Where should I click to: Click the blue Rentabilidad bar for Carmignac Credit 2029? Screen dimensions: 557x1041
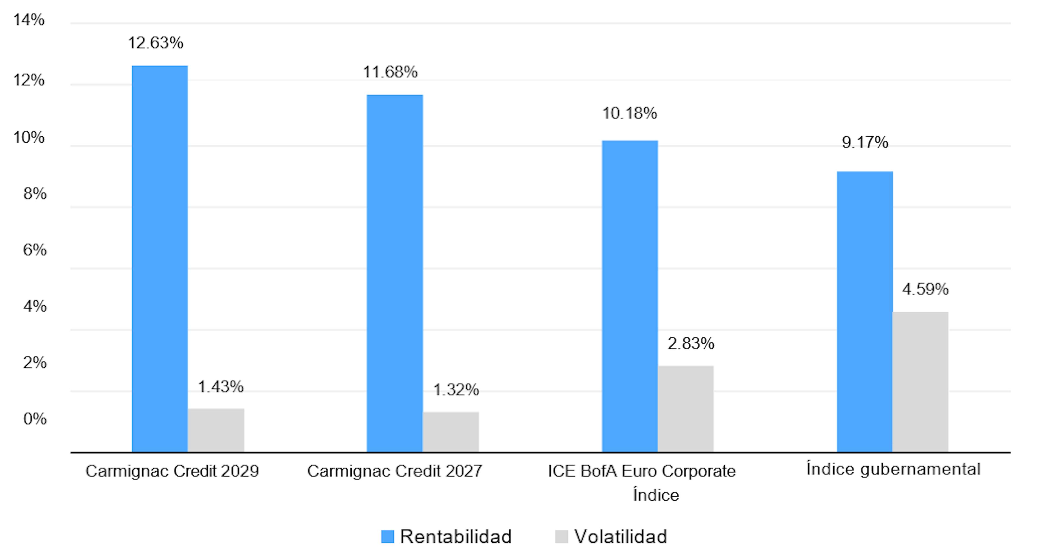[x=160, y=259]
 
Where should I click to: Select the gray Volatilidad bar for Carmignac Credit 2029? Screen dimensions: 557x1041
[x=216, y=430]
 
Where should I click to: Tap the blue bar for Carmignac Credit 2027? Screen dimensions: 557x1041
[x=394, y=273]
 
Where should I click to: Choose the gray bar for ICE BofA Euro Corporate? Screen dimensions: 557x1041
[x=685, y=408]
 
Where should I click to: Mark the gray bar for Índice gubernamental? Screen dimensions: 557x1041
[x=920, y=381]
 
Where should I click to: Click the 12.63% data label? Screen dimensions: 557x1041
[x=156, y=43]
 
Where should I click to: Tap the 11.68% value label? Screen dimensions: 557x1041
[x=390, y=72]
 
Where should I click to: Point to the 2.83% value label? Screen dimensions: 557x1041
[x=691, y=343]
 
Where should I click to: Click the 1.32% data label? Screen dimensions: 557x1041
[x=456, y=389]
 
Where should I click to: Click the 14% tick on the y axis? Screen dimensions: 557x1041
[x=29, y=20]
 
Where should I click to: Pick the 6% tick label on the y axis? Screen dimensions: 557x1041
[x=35, y=250]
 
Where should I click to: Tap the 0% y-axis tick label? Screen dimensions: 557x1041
[x=35, y=418]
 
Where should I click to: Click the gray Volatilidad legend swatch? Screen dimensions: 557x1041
[x=561, y=536]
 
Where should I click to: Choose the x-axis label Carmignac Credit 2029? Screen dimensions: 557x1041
[x=172, y=471]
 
